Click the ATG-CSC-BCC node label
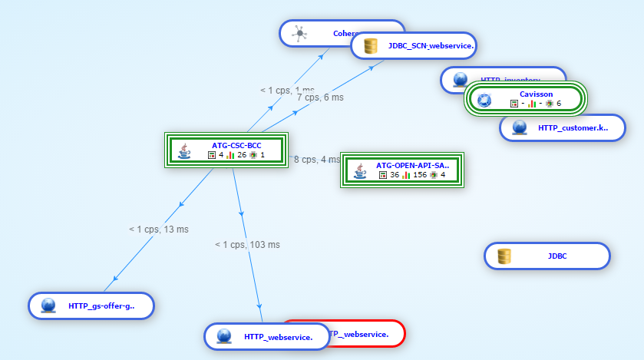click(x=236, y=144)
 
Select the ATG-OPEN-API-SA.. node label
click(x=412, y=165)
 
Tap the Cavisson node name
click(x=536, y=94)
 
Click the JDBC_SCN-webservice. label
click(x=431, y=46)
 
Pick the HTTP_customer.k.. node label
click(x=573, y=128)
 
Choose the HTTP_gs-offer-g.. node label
click(x=101, y=306)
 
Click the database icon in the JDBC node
click(x=504, y=256)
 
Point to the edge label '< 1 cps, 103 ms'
click(x=247, y=245)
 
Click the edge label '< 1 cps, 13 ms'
click(x=159, y=229)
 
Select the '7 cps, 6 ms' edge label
click(x=320, y=97)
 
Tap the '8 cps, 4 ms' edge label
click(x=317, y=160)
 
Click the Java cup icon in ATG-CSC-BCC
click(x=184, y=150)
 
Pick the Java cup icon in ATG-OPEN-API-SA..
click(x=359, y=170)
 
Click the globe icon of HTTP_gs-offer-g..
click(x=48, y=306)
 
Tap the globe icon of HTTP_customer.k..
click(x=520, y=128)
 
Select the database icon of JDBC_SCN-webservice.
click(x=371, y=46)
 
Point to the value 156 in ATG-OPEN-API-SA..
click(x=420, y=175)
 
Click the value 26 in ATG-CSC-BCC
click(x=242, y=155)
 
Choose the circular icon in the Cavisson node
click(x=484, y=100)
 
